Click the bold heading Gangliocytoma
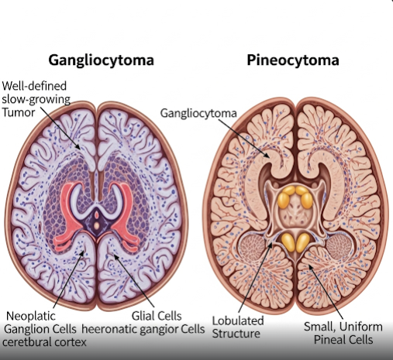tap(101, 60)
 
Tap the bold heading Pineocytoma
tap(293, 60)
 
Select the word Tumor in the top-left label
tap(19, 112)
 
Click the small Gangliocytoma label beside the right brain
tap(198, 113)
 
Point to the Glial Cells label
tap(157, 316)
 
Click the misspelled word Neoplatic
tap(31, 316)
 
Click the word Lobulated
tap(238, 321)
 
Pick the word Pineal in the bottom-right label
tap(329, 339)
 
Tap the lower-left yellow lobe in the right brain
tap(288, 242)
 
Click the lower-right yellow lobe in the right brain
tap(302, 242)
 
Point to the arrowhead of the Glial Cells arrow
tap(115, 256)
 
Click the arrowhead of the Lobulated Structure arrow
tap(271, 244)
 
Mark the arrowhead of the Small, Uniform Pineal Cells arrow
tap(310, 266)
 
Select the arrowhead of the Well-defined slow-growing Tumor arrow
tap(78, 147)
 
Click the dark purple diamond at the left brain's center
tap(96, 222)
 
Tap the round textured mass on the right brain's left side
tap(253, 245)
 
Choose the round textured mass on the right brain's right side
tap(340, 245)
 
